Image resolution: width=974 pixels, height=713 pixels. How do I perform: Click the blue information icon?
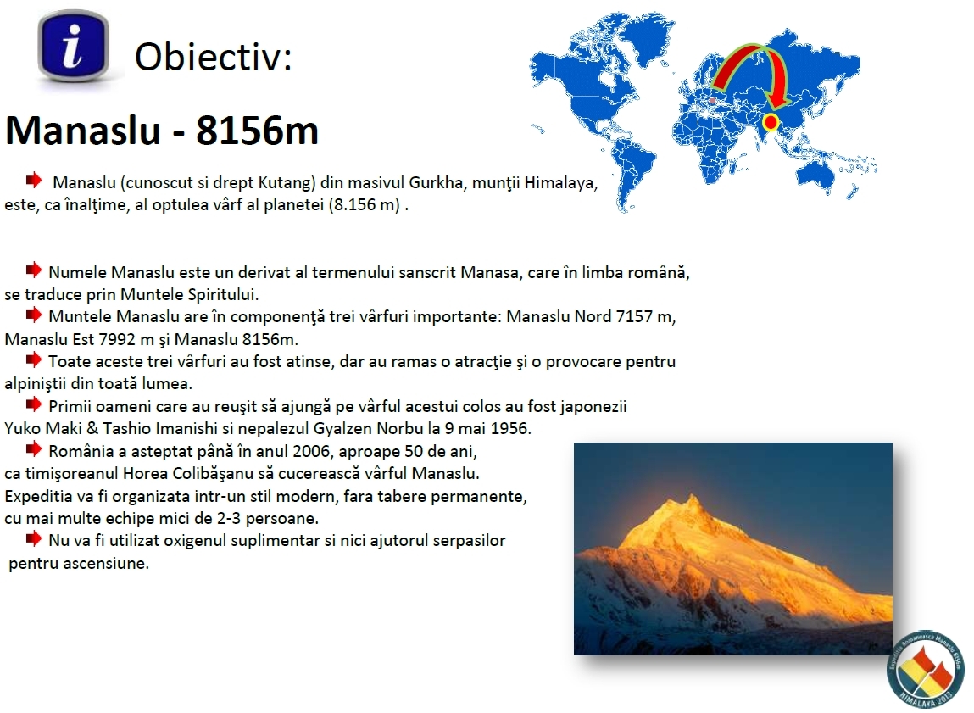(73, 46)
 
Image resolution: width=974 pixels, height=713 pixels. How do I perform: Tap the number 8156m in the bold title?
(257, 131)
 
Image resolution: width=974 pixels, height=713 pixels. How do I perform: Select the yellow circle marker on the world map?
(771, 122)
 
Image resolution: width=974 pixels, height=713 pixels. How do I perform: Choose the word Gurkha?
(436, 182)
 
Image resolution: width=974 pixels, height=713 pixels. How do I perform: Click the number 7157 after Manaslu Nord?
(634, 317)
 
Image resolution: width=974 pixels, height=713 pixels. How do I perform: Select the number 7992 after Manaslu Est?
(117, 340)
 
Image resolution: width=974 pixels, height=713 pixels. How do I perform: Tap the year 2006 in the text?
(310, 452)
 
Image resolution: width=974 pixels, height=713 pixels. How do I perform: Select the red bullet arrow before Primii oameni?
(34, 405)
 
